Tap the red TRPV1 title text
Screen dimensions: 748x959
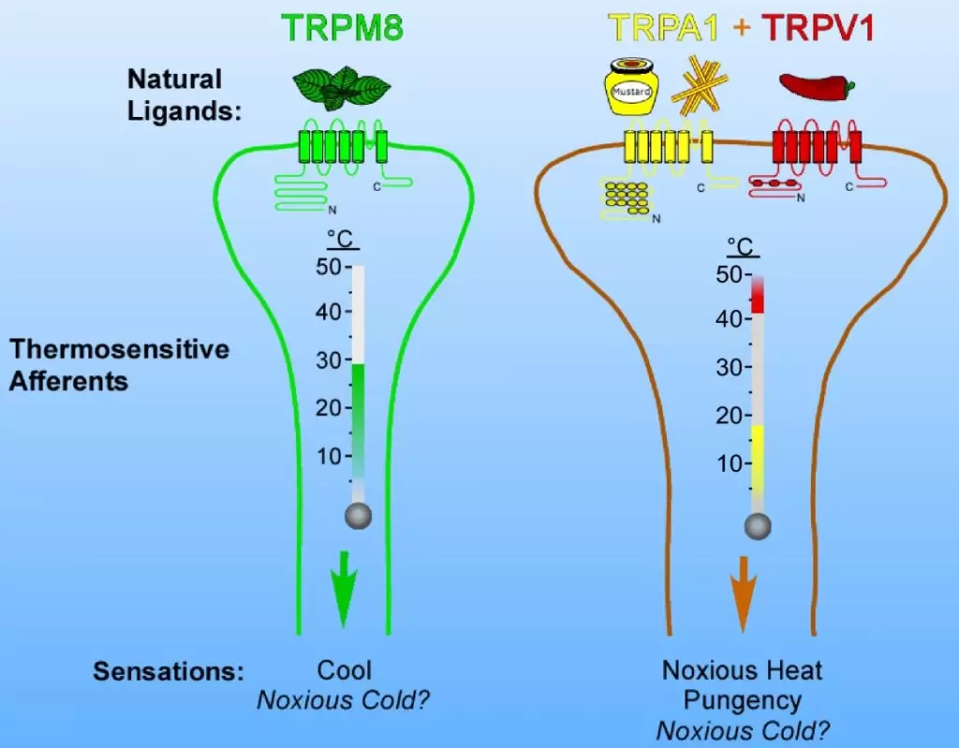tap(817, 28)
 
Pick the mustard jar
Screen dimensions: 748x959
tap(630, 92)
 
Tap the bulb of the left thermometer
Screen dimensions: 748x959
tap(358, 514)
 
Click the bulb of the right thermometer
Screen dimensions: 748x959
tap(758, 526)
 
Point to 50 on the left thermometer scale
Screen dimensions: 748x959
tap(332, 268)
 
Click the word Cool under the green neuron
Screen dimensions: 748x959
tap(344, 670)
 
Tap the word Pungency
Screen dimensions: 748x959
tap(742, 700)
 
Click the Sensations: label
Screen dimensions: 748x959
tap(169, 672)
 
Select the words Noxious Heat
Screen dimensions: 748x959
tap(742, 670)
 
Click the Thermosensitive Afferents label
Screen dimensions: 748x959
tap(119, 365)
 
